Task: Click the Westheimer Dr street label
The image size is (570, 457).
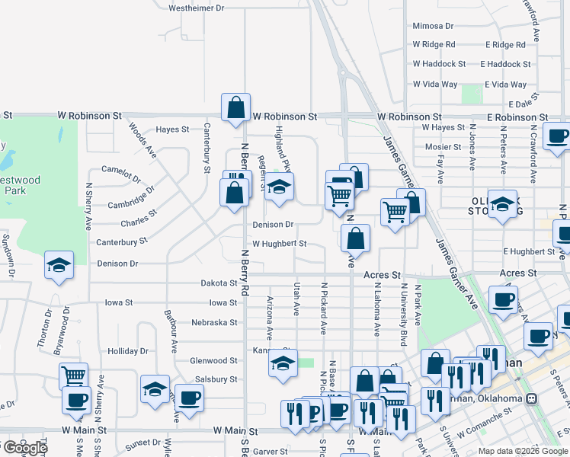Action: coord(197,8)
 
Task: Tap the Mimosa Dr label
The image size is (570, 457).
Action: coord(433,26)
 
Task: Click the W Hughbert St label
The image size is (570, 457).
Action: coord(279,244)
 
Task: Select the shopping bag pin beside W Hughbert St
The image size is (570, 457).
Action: coord(355,239)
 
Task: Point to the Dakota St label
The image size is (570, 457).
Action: coord(219,283)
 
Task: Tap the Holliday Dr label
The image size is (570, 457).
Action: coord(127,351)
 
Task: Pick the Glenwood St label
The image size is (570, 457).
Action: coord(213,360)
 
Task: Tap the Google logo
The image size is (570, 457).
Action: coord(24,448)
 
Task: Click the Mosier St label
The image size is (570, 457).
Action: coord(443,147)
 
